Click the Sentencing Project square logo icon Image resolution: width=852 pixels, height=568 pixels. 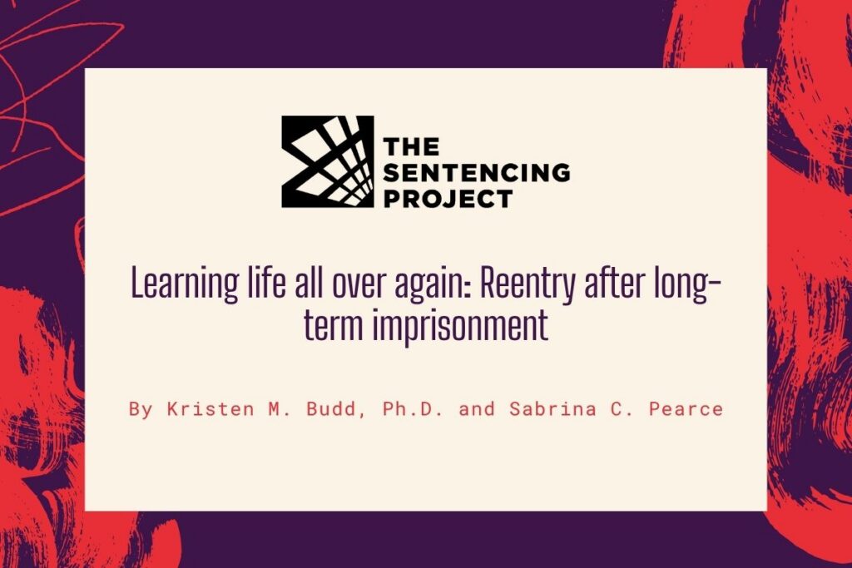pos(328,161)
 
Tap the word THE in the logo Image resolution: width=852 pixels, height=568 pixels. pos(411,146)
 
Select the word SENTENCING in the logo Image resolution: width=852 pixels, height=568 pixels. pos(477,172)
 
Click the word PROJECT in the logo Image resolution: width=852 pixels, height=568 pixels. pos(448,198)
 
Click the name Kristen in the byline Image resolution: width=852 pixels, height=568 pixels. pos(211,409)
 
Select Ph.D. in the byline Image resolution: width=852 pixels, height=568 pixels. pos(413,409)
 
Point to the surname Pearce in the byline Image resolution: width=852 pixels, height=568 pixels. pos(686,409)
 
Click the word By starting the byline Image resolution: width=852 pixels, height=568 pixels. pos(141,409)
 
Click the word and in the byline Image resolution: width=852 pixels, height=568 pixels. pos(477,409)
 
